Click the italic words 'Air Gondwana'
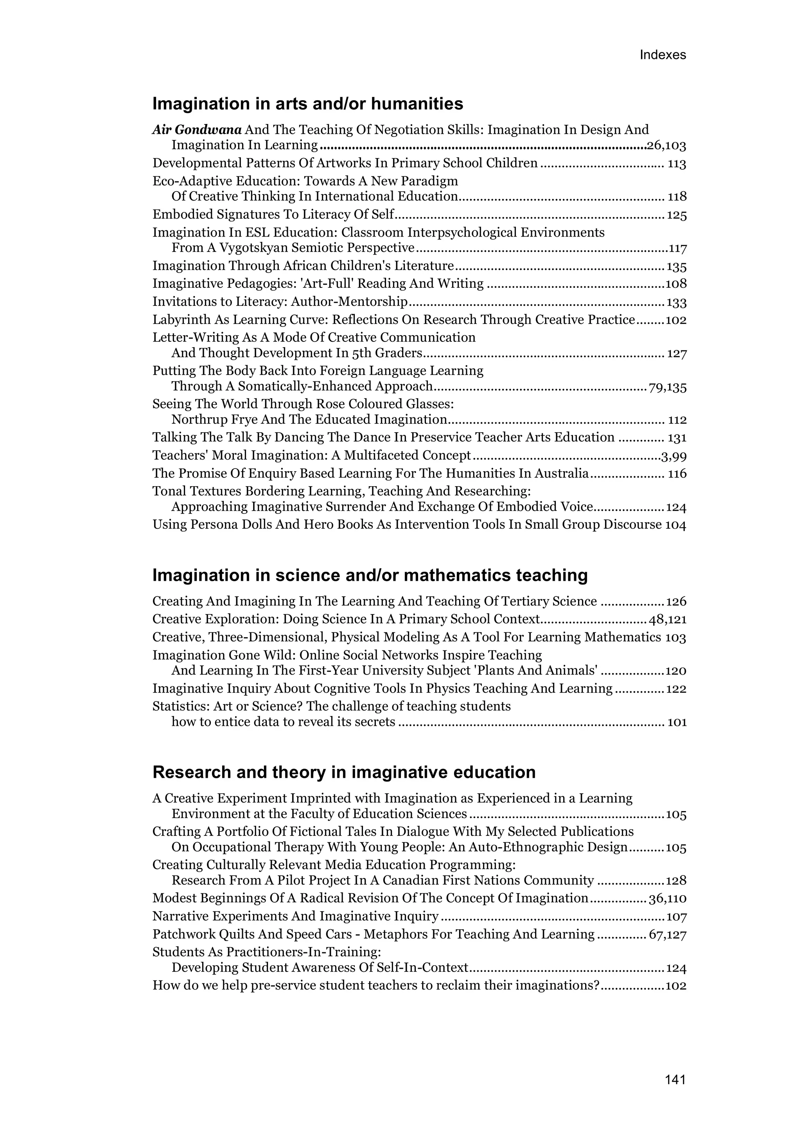click(197, 130)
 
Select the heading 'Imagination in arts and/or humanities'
click(307, 104)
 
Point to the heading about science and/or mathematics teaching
click(370, 575)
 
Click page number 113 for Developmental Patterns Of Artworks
click(677, 164)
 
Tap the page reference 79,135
click(667, 387)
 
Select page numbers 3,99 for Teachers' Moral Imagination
click(673, 456)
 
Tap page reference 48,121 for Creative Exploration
click(667, 620)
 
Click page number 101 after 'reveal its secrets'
click(677, 722)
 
